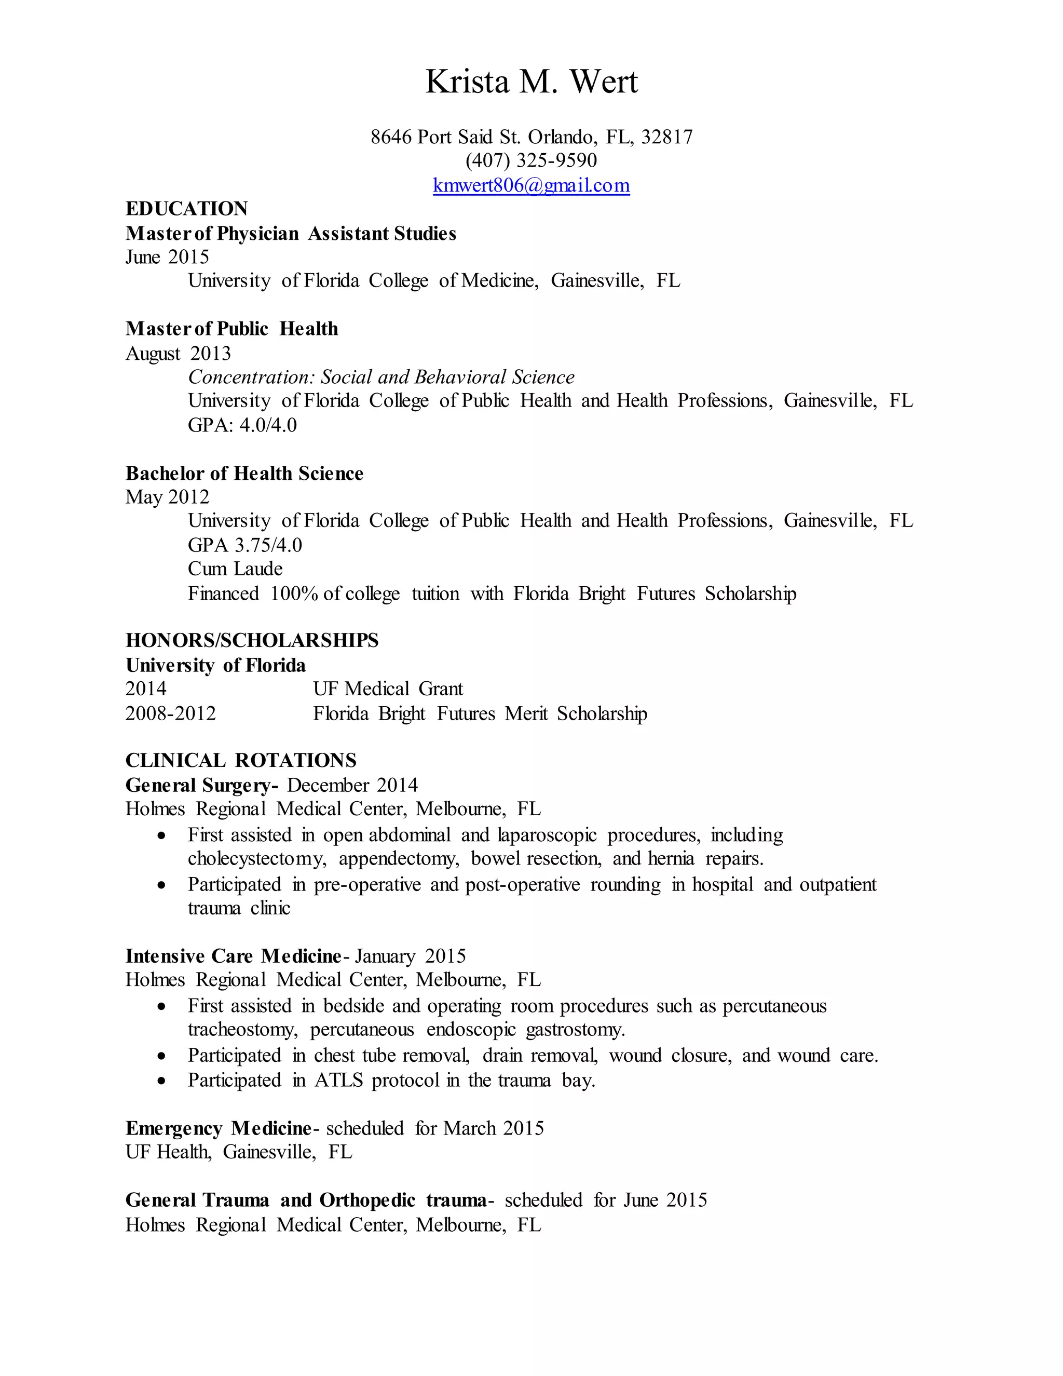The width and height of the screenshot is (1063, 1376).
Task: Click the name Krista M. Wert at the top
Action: point(531,82)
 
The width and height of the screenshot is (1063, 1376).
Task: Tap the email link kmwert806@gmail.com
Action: point(531,185)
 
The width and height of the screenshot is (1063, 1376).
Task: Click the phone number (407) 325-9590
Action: point(531,160)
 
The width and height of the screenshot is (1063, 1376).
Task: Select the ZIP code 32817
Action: point(667,137)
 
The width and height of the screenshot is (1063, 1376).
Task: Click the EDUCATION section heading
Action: point(186,209)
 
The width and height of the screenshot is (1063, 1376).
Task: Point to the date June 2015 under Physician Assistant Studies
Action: point(167,257)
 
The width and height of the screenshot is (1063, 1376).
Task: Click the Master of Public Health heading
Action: point(231,329)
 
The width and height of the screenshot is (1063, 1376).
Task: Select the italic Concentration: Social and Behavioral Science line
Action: point(381,377)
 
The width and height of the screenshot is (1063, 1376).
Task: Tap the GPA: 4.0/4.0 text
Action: point(242,425)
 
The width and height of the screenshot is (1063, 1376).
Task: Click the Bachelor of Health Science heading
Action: point(244,473)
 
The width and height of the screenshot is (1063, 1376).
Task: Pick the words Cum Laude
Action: point(235,569)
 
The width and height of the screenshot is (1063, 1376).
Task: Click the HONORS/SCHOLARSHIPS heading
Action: point(252,640)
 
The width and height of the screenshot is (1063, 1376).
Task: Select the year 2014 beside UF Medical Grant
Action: point(145,689)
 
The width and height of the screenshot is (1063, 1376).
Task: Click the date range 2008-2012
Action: point(170,713)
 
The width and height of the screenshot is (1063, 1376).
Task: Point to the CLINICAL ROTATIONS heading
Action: point(240,761)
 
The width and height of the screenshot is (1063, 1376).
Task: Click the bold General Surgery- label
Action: point(201,785)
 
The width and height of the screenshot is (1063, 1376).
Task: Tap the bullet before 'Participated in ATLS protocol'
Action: point(162,1081)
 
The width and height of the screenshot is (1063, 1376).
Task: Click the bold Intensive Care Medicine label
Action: point(233,956)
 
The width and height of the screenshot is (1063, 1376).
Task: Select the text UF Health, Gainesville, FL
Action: point(239,1152)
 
